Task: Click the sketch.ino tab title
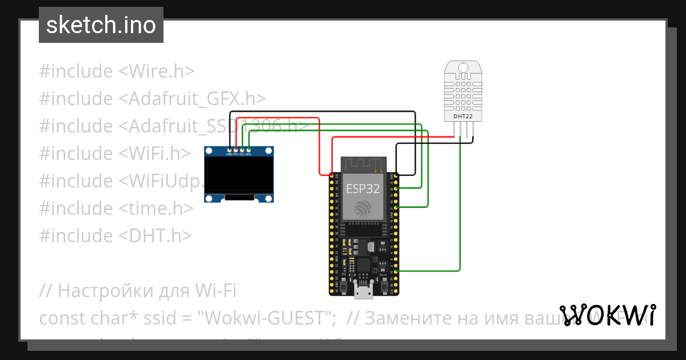(101, 26)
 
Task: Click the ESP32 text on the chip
(362, 189)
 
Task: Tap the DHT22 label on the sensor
(462, 116)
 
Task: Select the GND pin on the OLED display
(229, 150)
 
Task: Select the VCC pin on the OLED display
(236, 150)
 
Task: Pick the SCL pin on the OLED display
(242, 150)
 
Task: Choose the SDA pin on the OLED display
(248, 150)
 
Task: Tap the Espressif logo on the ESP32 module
(363, 209)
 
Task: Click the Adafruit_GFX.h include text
(192, 99)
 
